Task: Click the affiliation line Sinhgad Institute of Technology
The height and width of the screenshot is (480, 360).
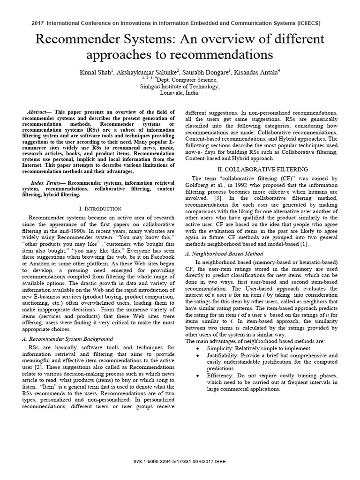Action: pos(180,87)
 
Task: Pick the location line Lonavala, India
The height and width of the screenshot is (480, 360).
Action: pos(180,93)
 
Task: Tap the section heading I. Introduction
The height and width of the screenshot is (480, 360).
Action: pos(101,208)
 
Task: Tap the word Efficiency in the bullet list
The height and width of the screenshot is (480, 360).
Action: pos(221,376)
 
